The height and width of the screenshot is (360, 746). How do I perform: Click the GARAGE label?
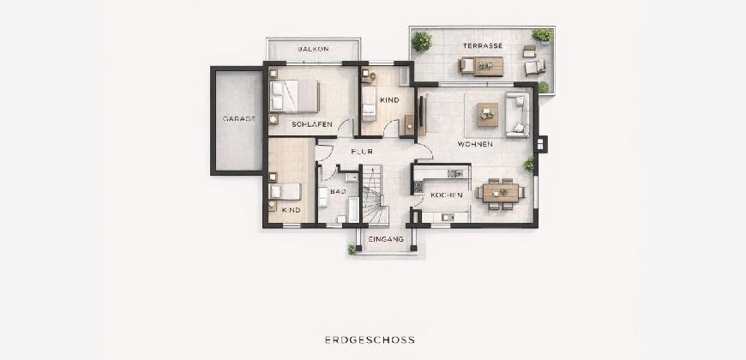coord(238,118)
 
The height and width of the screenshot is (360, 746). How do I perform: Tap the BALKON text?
coord(313,49)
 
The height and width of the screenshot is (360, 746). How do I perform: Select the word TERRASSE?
coord(483,45)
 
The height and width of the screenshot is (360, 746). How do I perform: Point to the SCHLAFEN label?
coord(311,124)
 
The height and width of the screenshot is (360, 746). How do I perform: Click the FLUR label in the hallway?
coord(362,152)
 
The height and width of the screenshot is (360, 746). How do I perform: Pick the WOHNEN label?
coord(475,144)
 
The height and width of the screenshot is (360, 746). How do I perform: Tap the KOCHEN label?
coord(446,195)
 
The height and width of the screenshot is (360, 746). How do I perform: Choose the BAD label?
coord(338,191)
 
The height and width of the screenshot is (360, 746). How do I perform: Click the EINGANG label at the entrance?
coord(386,239)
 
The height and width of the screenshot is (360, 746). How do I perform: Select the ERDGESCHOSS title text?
coord(370,339)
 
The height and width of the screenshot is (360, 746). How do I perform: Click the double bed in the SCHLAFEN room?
coord(294,96)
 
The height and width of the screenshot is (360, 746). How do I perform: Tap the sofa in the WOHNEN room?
coord(518,115)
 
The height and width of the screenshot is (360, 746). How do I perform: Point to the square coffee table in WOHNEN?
coord(488,115)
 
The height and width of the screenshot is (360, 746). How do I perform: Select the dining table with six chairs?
coord(501,193)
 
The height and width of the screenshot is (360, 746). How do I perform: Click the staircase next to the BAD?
coord(376,195)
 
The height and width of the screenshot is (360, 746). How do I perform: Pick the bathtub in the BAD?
coord(353,210)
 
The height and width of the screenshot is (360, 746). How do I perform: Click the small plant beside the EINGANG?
coord(352,249)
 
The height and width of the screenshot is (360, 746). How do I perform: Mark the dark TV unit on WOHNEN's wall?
coord(422,114)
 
